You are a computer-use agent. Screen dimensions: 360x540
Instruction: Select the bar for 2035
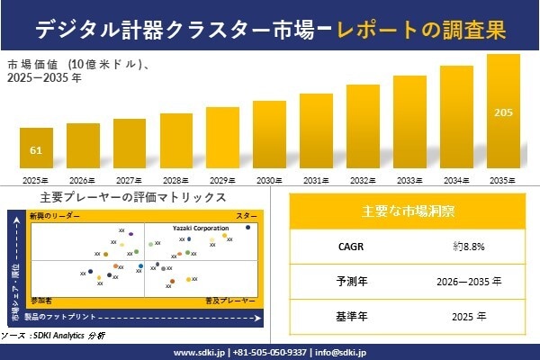pos(503,112)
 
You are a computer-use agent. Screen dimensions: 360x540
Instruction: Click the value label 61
pos(36,149)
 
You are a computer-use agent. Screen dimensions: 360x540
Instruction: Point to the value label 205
pos(503,112)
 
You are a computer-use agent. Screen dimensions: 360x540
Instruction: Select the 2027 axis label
pos(130,181)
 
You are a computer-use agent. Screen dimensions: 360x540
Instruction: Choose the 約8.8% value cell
pos(470,245)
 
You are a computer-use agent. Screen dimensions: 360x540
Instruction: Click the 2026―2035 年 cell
pos(470,281)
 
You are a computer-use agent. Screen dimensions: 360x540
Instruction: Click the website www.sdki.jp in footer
pos(199,352)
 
